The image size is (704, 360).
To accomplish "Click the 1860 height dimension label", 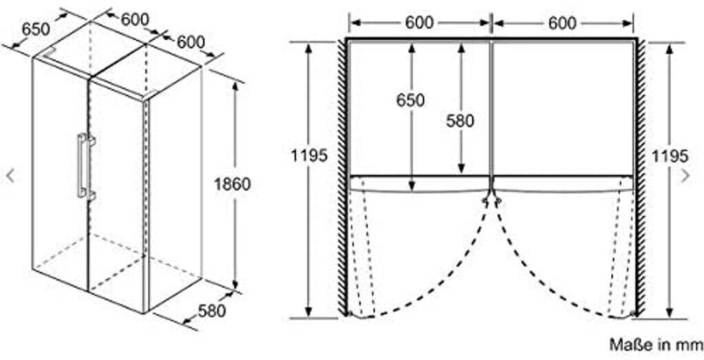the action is click(x=232, y=183).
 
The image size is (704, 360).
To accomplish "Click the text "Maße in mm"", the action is click(x=655, y=344).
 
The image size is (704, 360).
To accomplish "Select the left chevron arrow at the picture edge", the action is click(x=10, y=175).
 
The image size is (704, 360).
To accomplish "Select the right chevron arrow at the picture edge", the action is click(x=685, y=175).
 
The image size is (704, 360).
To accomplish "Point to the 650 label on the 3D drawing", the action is click(x=36, y=29).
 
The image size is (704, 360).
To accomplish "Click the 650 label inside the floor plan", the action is click(x=410, y=100).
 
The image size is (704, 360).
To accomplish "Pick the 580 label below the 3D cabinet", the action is click(x=212, y=310).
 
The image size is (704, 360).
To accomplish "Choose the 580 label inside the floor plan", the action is click(x=460, y=120).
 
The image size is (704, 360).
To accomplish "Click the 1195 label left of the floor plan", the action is click(x=309, y=155).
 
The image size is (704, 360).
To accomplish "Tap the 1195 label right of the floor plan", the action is click(x=670, y=156).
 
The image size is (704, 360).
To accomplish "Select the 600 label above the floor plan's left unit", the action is click(x=419, y=23).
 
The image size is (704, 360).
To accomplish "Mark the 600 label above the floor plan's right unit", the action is click(x=562, y=23).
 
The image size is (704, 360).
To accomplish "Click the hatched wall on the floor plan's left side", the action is click(x=342, y=177).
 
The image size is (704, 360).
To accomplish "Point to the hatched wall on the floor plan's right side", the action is click(x=641, y=177).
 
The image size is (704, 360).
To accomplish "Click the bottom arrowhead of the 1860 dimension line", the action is click(x=234, y=284).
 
